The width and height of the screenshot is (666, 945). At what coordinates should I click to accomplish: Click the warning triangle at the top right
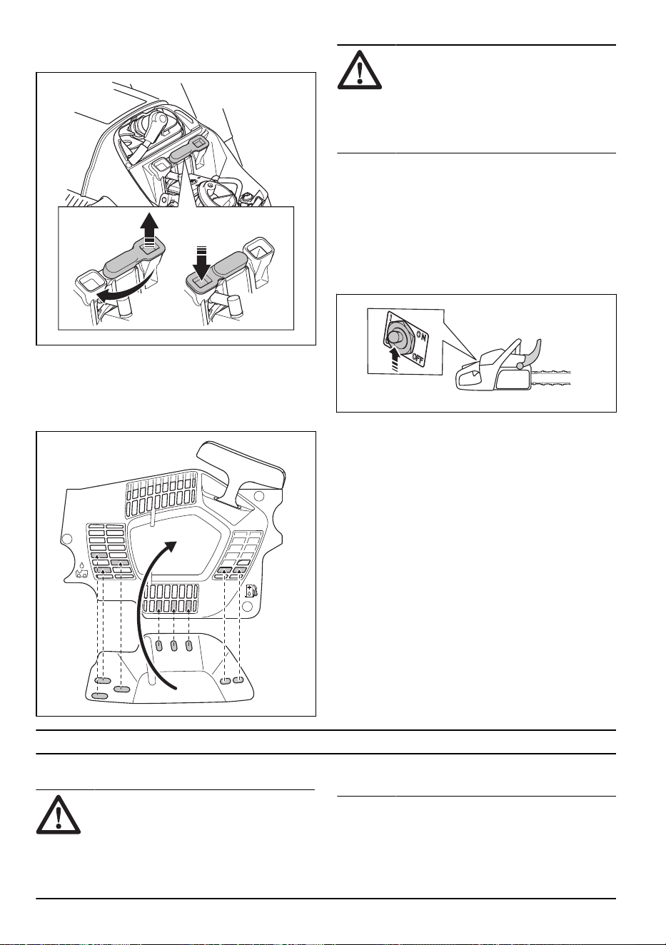coord(360,70)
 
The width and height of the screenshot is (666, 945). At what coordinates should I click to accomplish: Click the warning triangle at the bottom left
coord(59,814)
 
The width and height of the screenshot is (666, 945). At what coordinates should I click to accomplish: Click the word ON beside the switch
coord(421,336)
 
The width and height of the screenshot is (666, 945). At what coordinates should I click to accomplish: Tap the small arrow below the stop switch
coord(395,358)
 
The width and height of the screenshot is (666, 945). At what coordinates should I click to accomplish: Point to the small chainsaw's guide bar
coord(551,378)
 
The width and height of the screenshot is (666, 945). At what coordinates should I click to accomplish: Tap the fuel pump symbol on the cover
coord(251,591)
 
